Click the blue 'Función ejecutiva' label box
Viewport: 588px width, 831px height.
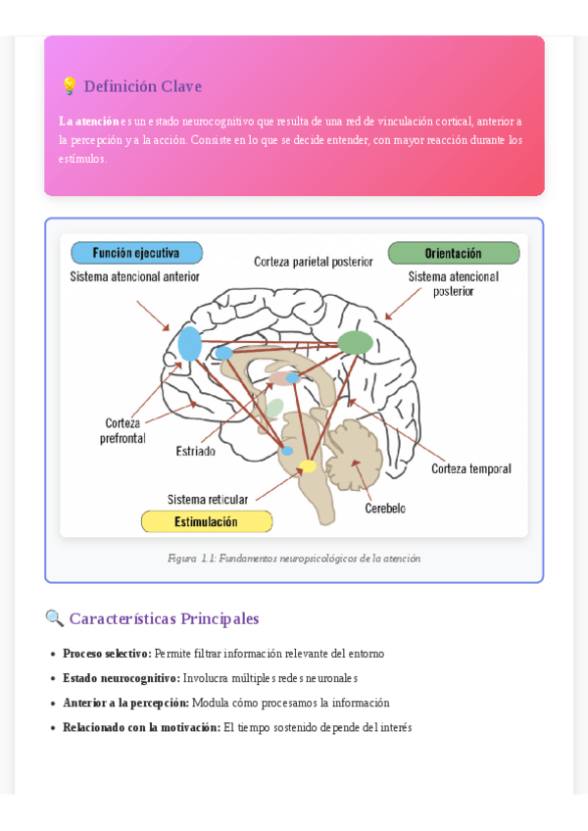point(136,253)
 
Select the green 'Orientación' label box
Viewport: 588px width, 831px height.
point(453,253)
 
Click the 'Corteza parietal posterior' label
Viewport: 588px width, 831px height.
point(314,262)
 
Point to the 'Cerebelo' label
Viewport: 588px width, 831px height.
point(385,509)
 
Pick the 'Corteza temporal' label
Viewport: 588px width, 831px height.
point(471,469)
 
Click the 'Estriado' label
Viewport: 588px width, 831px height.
point(196,452)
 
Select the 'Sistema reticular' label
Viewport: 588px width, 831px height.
point(208,499)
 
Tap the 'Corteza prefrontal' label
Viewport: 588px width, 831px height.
point(122,431)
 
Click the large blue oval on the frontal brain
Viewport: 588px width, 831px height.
point(190,344)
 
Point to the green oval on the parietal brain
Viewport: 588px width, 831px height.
point(356,342)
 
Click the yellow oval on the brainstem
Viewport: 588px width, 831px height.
point(308,466)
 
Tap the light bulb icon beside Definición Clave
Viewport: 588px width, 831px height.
point(69,86)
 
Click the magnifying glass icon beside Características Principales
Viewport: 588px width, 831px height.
point(55,618)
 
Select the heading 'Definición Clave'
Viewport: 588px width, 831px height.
point(142,86)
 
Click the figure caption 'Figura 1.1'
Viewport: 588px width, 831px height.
point(293,559)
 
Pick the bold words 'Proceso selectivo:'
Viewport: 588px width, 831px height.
point(107,654)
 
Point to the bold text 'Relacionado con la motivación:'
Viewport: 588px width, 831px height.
point(141,728)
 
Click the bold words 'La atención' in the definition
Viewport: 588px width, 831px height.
point(88,122)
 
